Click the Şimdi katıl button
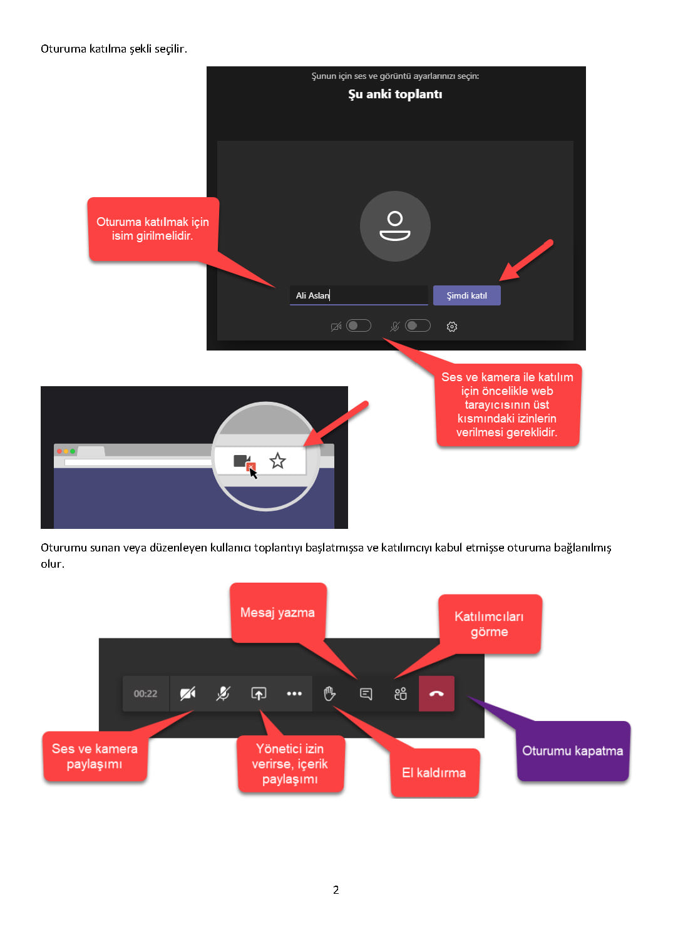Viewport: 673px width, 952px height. (x=466, y=295)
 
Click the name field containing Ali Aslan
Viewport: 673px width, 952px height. (x=358, y=295)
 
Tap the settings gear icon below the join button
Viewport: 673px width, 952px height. (x=451, y=326)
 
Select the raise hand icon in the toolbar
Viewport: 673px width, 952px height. (x=329, y=694)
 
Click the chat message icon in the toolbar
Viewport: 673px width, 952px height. (x=366, y=694)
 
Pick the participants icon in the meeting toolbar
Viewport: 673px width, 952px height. (x=401, y=694)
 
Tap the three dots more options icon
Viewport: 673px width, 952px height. (x=294, y=694)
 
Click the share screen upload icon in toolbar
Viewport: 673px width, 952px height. (x=259, y=694)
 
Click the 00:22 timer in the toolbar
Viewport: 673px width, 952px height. (x=145, y=694)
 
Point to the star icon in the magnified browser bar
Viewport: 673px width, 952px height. (x=277, y=460)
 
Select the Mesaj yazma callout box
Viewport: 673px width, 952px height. (x=278, y=612)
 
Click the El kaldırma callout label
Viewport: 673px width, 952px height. (x=434, y=772)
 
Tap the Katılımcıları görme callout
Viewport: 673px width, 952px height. (x=490, y=624)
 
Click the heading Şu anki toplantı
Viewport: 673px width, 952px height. (x=395, y=95)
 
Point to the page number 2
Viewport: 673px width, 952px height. (x=336, y=889)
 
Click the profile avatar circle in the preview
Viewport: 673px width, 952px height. (x=395, y=226)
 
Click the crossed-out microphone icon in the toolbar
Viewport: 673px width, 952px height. (x=223, y=694)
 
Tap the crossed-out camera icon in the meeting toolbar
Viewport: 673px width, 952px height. (x=187, y=694)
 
